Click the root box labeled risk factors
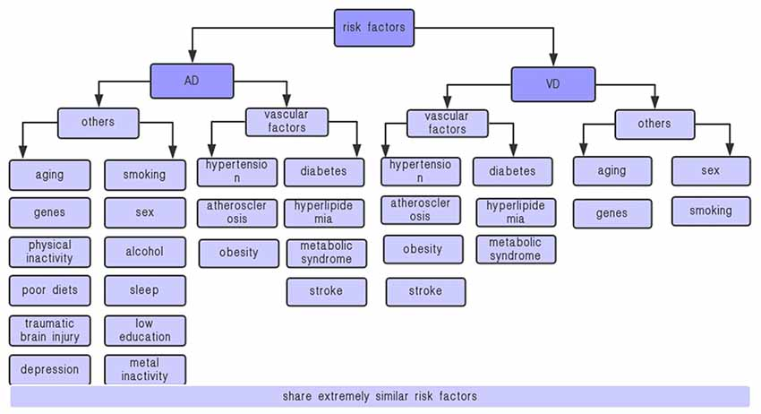coord(373,27)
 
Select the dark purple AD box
coord(192,81)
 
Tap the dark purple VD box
coord(552,84)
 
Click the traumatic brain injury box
coord(50,330)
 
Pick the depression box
coord(50,369)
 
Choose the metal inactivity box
coord(144,369)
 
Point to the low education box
coord(144,330)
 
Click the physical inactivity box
coord(50,252)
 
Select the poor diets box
coord(50,290)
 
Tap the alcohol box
coord(144,252)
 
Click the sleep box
coord(144,290)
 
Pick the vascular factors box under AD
coord(286,121)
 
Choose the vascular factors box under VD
coord(447,123)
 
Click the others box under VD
coord(654,124)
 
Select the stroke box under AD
coord(326,291)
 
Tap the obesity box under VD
coord(423,249)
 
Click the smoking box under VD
coord(711,211)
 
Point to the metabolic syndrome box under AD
coord(326,253)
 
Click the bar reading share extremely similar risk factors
coord(380,396)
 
